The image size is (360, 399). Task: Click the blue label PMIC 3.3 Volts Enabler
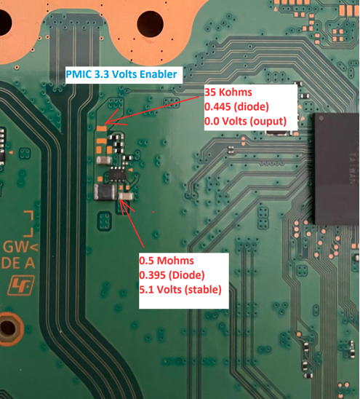[x=121, y=74]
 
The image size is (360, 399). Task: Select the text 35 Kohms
[x=228, y=92]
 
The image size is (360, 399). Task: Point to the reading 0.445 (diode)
[x=236, y=106]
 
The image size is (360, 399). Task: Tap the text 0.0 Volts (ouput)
[x=245, y=121]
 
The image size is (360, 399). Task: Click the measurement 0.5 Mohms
[x=167, y=261]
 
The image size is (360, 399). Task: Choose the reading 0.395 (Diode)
[x=172, y=275]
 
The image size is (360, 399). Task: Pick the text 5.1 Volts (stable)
[x=180, y=290]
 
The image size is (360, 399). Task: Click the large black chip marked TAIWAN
[x=336, y=169]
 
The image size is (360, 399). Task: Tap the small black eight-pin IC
[x=117, y=174]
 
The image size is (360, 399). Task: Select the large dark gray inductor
[x=105, y=192]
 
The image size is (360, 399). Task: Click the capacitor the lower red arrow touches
[x=126, y=196]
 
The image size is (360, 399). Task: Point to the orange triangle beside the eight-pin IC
[x=130, y=170]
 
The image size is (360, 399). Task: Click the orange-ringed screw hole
[x=9, y=328]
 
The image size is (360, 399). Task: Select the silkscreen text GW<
[x=20, y=246]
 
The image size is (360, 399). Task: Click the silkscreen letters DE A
[x=17, y=263]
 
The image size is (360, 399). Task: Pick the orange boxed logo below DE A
[x=21, y=285]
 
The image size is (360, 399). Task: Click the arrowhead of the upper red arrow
[x=105, y=124]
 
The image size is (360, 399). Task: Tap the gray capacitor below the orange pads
[x=104, y=160]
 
